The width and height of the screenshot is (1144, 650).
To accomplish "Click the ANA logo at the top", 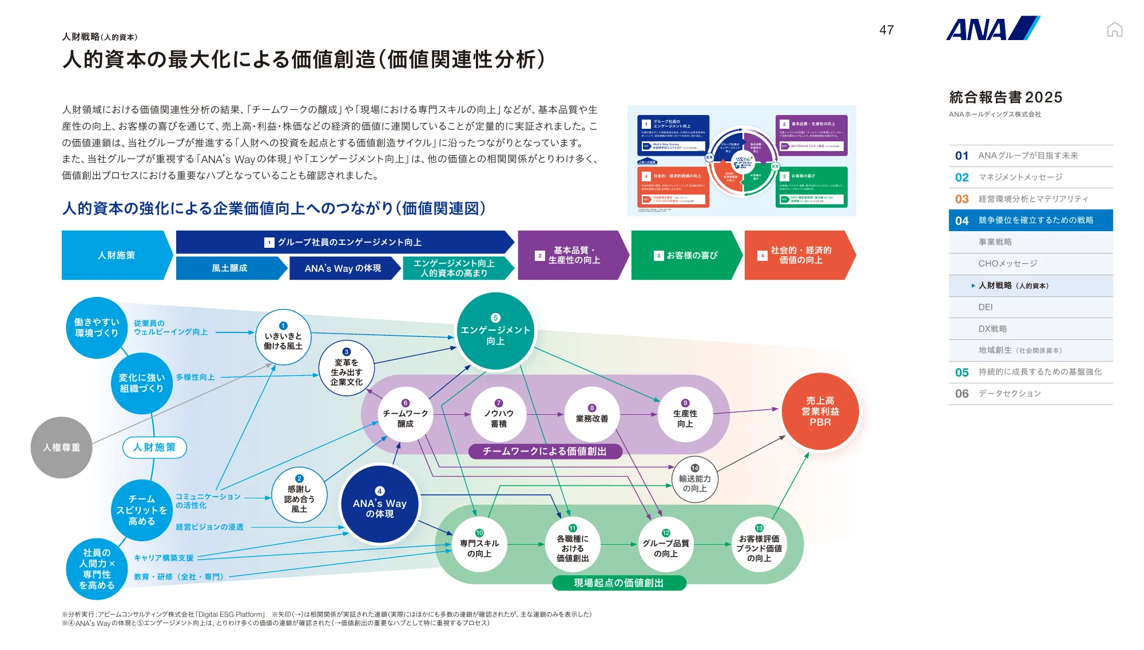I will (992, 29).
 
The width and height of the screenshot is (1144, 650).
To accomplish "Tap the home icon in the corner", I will (1114, 29).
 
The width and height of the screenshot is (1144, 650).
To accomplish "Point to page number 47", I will (887, 30).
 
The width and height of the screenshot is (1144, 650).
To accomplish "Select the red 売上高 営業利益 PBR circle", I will (820, 411).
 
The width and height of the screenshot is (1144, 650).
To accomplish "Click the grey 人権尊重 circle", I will (61, 447).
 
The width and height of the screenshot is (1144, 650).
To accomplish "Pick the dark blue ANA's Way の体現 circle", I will (380, 504).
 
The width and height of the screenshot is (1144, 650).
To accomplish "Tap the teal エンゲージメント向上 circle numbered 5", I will (495, 331).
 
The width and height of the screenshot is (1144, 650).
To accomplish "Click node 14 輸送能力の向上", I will (694, 479).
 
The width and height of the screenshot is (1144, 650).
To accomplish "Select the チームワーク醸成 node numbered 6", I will (405, 415).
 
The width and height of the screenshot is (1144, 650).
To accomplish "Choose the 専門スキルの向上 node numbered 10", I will (479, 544).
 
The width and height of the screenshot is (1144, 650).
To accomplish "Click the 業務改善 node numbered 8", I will (591, 415).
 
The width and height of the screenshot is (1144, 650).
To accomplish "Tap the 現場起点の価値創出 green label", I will (618, 582).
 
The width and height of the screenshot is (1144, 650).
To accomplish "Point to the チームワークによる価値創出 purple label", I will (545, 451).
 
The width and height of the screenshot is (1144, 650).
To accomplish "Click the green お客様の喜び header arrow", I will (686, 255).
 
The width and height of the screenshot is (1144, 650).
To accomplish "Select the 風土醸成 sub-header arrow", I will (229, 268).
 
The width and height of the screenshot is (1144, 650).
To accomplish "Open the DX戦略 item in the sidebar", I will (992, 328).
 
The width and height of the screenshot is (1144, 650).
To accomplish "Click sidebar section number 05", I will (962, 372).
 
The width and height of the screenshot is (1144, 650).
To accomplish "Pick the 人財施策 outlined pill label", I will (154, 447).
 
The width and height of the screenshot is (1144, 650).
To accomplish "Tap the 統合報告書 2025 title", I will (1005, 97).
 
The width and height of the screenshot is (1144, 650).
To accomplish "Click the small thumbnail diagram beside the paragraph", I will (741, 161).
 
